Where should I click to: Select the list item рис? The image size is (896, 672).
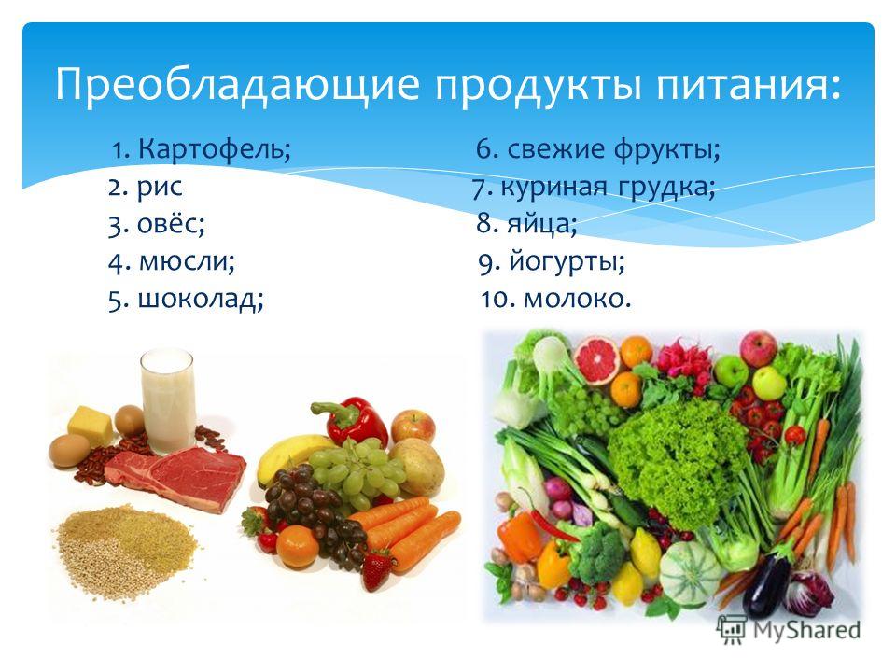point(160,188)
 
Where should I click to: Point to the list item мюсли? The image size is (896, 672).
point(184,261)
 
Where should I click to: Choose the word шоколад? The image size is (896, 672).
point(197,299)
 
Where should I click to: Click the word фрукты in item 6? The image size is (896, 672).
point(663,150)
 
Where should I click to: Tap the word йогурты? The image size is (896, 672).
point(563,261)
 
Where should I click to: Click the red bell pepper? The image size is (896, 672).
point(350,421)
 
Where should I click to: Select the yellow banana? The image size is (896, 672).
point(291,455)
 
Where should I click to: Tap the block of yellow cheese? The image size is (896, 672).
point(91,426)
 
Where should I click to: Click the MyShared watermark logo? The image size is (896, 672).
point(790,630)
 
